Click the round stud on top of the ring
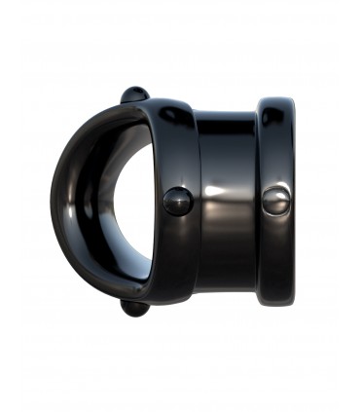click(134, 94)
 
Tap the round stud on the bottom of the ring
click(135, 308)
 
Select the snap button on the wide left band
click(177, 201)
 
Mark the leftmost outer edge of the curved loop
click(53, 202)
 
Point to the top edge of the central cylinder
click(229, 114)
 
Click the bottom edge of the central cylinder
click(229, 289)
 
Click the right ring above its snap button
click(277, 146)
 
